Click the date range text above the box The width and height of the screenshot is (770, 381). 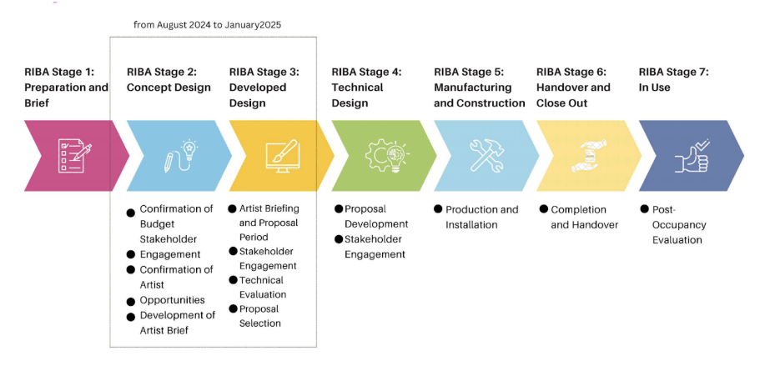[x=208, y=25]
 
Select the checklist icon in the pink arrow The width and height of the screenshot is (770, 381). [x=73, y=156]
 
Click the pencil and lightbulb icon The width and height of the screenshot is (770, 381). [x=179, y=156]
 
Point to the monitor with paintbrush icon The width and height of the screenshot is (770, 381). [x=281, y=156]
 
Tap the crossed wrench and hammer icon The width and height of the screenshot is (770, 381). [x=486, y=156]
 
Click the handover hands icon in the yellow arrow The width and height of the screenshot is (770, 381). [x=589, y=156]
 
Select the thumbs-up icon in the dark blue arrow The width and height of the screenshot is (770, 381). [x=692, y=156]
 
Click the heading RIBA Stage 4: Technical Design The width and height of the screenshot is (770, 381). [x=366, y=87]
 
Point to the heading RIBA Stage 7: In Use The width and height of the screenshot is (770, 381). [x=673, y=79]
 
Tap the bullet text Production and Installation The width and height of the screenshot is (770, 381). [x=481, y=217]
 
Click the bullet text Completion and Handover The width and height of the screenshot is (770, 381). [x=584, y=217]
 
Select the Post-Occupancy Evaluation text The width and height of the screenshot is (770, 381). [x=678, y=224]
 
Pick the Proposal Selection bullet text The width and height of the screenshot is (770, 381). [x=259, y=316]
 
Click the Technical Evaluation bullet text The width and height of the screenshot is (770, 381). [x=262, y=287]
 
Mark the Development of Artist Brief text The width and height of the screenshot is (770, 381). [x=177, y=323]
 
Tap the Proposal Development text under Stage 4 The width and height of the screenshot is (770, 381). [x=376, y=216]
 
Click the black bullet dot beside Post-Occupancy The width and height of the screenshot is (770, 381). [x=644, y=209]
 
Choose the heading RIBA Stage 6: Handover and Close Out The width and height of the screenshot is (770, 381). [x=574, y=87]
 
